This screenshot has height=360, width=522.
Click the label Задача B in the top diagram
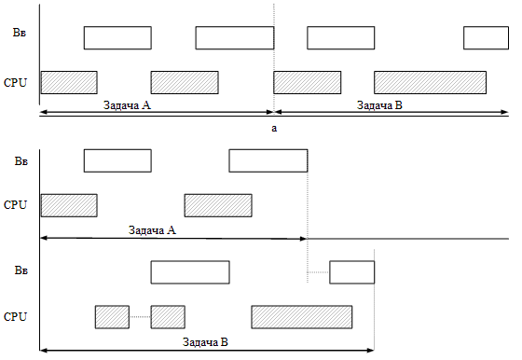coord(380,105)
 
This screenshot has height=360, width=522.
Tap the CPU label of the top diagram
coord(16,82)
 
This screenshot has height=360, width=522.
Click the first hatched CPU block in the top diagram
coord(69,82)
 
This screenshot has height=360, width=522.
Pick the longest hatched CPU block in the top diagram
coord(430,82)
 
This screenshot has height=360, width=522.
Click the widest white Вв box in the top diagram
coord(234,37)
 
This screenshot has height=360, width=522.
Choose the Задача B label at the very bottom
coord(205,342)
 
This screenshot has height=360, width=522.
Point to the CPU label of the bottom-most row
coord(16,317)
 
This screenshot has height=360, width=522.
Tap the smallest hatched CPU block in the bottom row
coord(112,317)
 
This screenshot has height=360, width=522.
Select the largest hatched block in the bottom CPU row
coord(301,317)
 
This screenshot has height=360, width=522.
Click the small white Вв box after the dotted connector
coord(351,272)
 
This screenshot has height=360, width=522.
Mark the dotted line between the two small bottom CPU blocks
coord(140,317)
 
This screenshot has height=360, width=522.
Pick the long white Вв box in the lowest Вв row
coord(189,272)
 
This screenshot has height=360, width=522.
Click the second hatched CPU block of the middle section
coord(217,205)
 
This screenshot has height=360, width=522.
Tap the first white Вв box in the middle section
coord(117,160)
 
